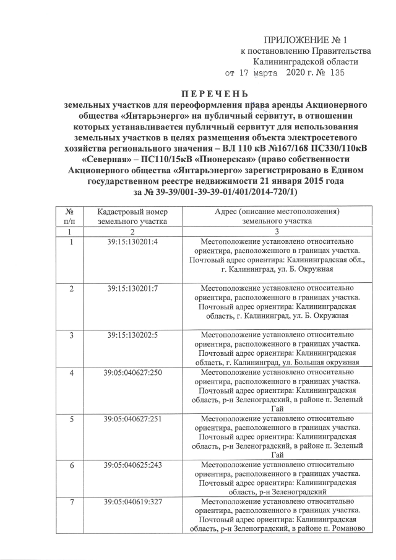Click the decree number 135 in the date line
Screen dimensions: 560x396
[x=335, y=72]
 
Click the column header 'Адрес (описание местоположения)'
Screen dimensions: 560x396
[x=275, y=212]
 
